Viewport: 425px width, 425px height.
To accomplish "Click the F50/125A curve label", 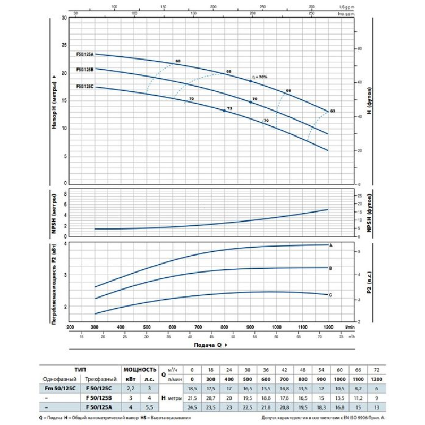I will coord(85,54).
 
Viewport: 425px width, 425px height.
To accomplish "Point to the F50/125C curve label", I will coord(85,86).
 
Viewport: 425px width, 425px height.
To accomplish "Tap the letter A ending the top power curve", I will coord(331,245).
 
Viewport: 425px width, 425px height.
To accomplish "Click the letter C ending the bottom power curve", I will coord(331,295).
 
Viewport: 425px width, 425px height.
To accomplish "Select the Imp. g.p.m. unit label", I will coord(360,12).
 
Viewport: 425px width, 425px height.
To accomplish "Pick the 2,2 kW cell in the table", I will coord(131,389).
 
